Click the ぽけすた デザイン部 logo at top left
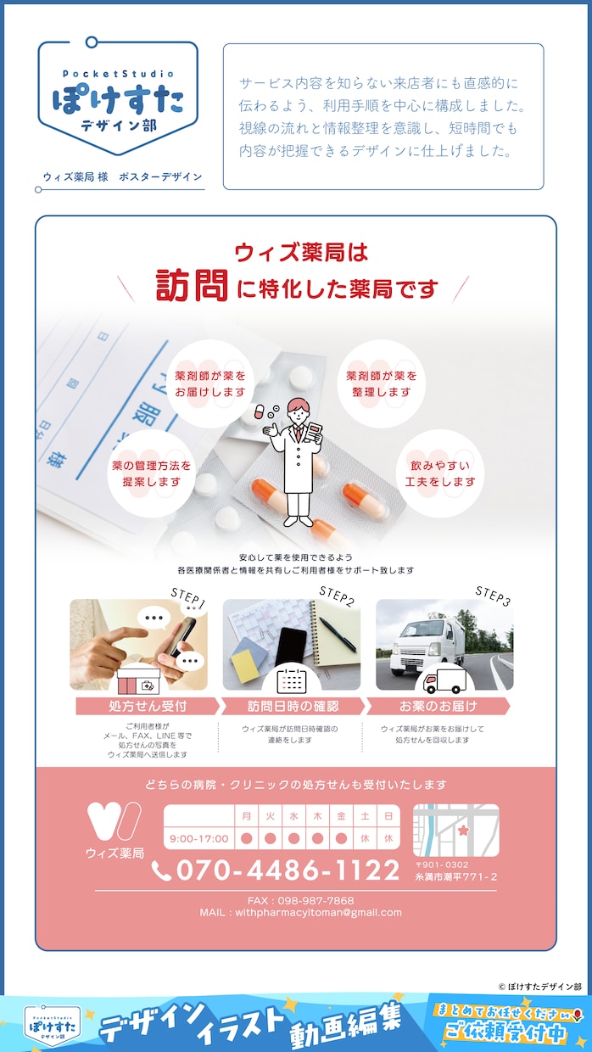tap(118, 98)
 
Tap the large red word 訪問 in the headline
tap(191, 286)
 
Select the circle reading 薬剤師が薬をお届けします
tap(210, 383)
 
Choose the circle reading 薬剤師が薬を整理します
tap(381, 383)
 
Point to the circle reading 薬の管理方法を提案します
tap(151, 473)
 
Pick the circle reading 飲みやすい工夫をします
tap(440, 473)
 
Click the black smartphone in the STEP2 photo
tap(290, 647)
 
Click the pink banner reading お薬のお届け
tap(438, 706)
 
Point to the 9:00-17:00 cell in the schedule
tap(198, 838)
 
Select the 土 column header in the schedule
tap(365, 816)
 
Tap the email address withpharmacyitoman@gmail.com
tap(318, 913)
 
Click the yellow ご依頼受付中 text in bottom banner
tap(505, 1032)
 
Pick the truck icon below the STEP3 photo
tap(444, 680)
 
